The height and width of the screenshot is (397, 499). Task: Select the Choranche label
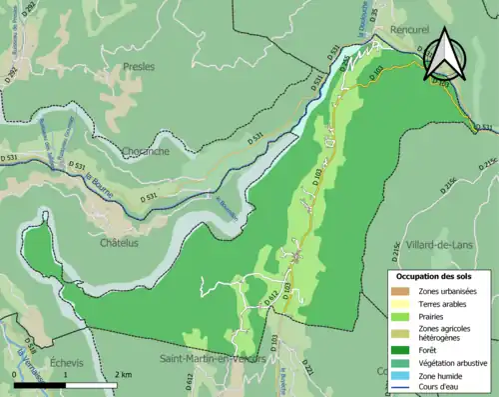click(145, 151)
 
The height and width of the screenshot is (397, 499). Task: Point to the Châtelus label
click(119, 242)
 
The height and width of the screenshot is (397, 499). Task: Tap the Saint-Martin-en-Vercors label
click(214, 358)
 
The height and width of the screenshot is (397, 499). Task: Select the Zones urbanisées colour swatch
click(400, 291)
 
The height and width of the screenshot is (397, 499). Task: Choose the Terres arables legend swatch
click(400, 306)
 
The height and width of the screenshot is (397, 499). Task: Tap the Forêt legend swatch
click(400, 351)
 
